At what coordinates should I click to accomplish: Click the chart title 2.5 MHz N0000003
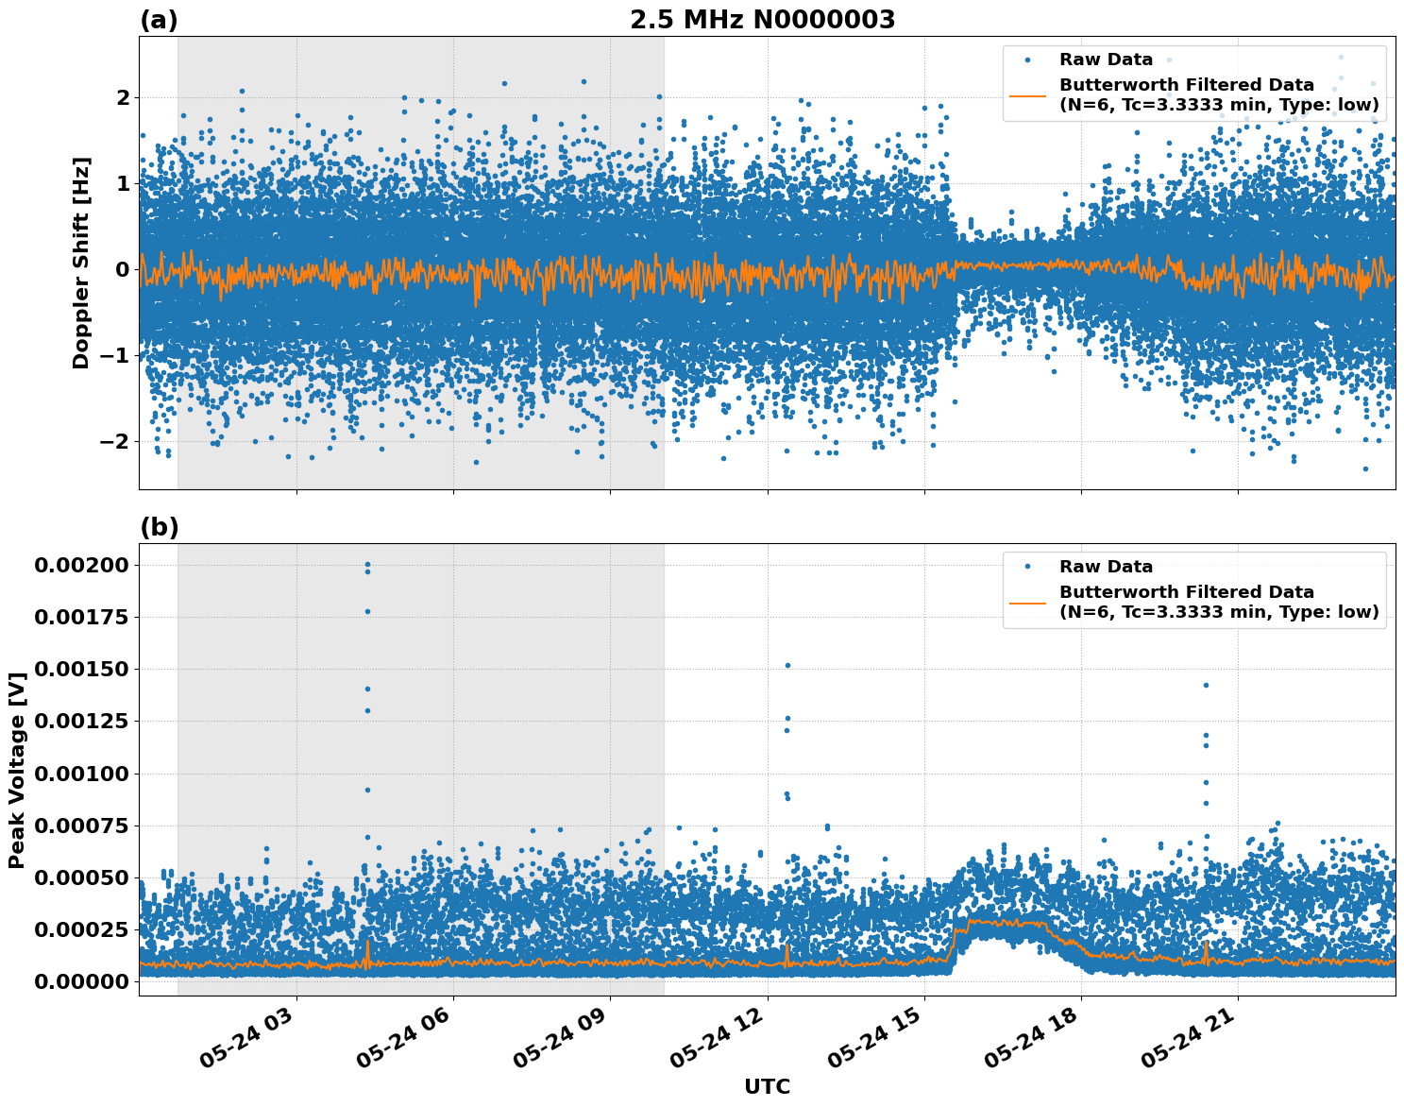click(x=762, y=20)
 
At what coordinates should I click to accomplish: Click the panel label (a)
click(x=159, y=20)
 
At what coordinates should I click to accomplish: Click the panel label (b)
click(x=159, y=527)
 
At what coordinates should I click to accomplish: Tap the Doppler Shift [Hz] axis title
click(x=81, y=263)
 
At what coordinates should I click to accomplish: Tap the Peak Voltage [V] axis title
click(x=16, y=770)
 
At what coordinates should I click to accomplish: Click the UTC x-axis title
click(x=767, y=1086)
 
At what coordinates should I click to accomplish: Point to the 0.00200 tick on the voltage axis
click(x=81, y=565)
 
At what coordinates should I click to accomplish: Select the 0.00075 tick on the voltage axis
click(x=81, y=826)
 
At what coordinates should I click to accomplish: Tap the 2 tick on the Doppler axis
click(x=123, y=97)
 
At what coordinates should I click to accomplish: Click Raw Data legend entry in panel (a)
click(x=1106, y=60)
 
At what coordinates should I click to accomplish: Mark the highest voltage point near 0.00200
click(x=367, y=565)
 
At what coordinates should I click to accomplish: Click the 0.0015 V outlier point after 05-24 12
click(x=787, y=665)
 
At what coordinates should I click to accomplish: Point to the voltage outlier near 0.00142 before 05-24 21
click(x=1205, y=685)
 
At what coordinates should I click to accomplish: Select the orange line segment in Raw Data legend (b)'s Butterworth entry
click(x=1028, y=603)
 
